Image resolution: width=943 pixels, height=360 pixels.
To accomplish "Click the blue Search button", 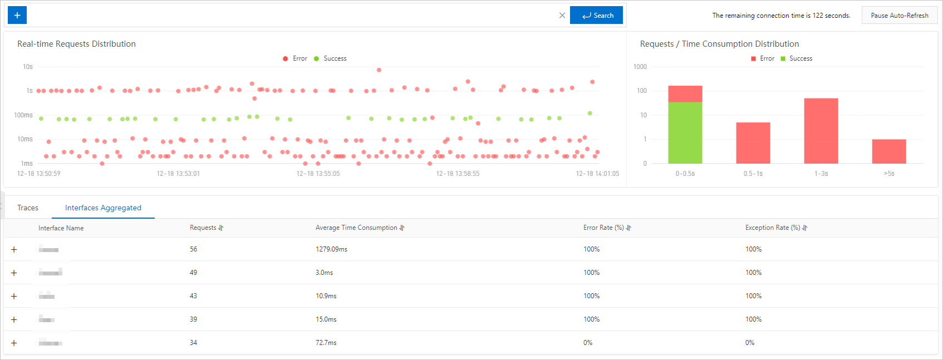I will pyautogui.click(x=596, y=15).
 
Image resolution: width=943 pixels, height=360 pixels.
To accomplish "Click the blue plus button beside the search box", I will pyautogui.click(x=17, y=15).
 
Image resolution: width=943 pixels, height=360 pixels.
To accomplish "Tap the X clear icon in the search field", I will pyautogui.click(x=562, y=16).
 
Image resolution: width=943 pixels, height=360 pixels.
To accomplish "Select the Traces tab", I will pyautogui.click(x=28, y=208).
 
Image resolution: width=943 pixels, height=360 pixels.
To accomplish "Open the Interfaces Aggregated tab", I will pyautogui.click(x=103, y=208).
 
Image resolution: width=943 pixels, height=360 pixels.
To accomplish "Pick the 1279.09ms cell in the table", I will pyautogui.click(x=331, y=249).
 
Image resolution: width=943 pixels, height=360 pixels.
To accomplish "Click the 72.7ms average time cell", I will pyautogui.click(x=326, y=343).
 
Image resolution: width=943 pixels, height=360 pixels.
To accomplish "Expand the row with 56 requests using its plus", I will pyautogui.click(x=14, y=249).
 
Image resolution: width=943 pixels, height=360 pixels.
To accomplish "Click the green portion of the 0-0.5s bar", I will pyautogui.click(x=685, y=133).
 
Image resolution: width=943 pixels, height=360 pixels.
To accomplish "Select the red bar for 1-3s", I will pyautogui.click(x=821, y=131).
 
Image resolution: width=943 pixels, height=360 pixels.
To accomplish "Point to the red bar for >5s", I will pyautogui.click(x=889, y=151).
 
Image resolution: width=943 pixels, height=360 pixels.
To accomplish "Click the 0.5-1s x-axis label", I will pyautogui.click(x=753, y=174).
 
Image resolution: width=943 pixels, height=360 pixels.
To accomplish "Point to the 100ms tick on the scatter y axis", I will pyautogui.click(x=23, y=115).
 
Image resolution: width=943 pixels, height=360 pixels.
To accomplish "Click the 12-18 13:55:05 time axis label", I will pyautogui.click(x=318, y=174).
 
